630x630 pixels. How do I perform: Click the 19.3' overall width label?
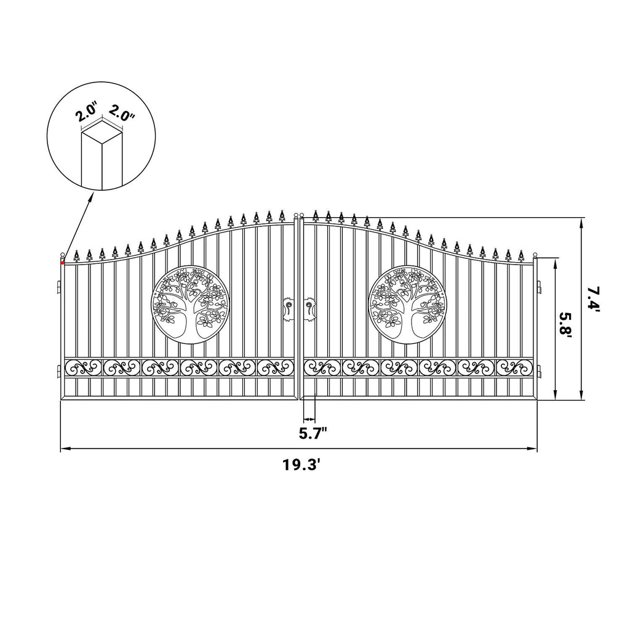pos(301,465)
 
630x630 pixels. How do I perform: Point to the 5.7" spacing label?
pos(313,434)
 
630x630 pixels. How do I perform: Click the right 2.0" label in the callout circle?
pos(122,113)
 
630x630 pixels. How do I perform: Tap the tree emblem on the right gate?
pos(407,305)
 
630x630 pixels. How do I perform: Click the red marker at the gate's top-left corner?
pos(62,263)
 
